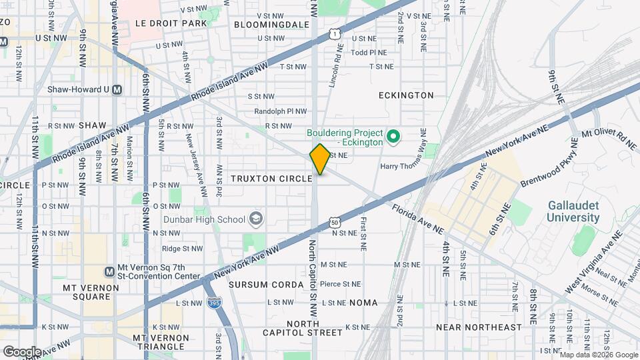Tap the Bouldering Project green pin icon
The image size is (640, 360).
tap(393, 137)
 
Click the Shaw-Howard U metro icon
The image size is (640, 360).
tap(117, 89)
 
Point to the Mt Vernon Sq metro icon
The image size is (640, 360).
tap(110, 271)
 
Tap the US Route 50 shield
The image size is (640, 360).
tap(334, 221)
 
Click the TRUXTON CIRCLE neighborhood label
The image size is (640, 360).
tap(271, 179)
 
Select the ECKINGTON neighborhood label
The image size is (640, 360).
tap(406, 95)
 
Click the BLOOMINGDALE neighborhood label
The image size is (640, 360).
tap(272, 24)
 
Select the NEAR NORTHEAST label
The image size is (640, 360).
tap(479, 327)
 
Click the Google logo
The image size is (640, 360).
tap(22, 351)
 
